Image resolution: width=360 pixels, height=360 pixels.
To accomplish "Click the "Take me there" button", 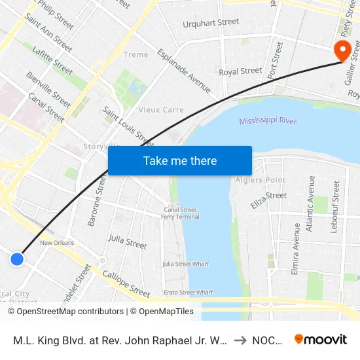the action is point(180,161).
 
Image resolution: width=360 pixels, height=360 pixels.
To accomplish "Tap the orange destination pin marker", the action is point(341,50).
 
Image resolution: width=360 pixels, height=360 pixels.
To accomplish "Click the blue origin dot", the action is point(18,259).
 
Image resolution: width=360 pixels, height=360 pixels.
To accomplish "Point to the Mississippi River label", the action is point(268,121).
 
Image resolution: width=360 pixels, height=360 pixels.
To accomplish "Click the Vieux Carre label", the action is point(161,110).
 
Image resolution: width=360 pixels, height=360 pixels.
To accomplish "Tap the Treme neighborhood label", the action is point(135,55).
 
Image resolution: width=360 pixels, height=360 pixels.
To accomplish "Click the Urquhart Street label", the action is point(211,23).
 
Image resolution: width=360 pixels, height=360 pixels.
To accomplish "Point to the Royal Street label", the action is point(240,71).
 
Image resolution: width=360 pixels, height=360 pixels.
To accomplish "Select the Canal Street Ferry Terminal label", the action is point(181,213).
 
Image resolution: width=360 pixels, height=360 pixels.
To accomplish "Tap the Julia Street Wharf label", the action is point(185,264).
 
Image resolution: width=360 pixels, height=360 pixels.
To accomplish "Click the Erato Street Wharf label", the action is point(187,292).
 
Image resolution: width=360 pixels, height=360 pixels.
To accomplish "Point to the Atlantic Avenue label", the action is point(312,204).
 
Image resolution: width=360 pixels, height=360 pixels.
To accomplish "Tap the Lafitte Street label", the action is point(52,60).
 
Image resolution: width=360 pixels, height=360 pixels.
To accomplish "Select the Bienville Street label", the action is point(48,90).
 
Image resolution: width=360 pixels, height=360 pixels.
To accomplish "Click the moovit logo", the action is point(321,339).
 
